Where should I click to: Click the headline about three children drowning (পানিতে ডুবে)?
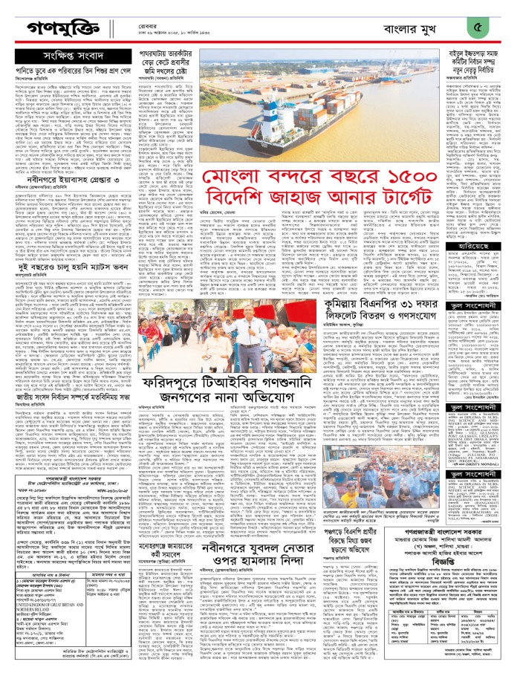tap(70, 71)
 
